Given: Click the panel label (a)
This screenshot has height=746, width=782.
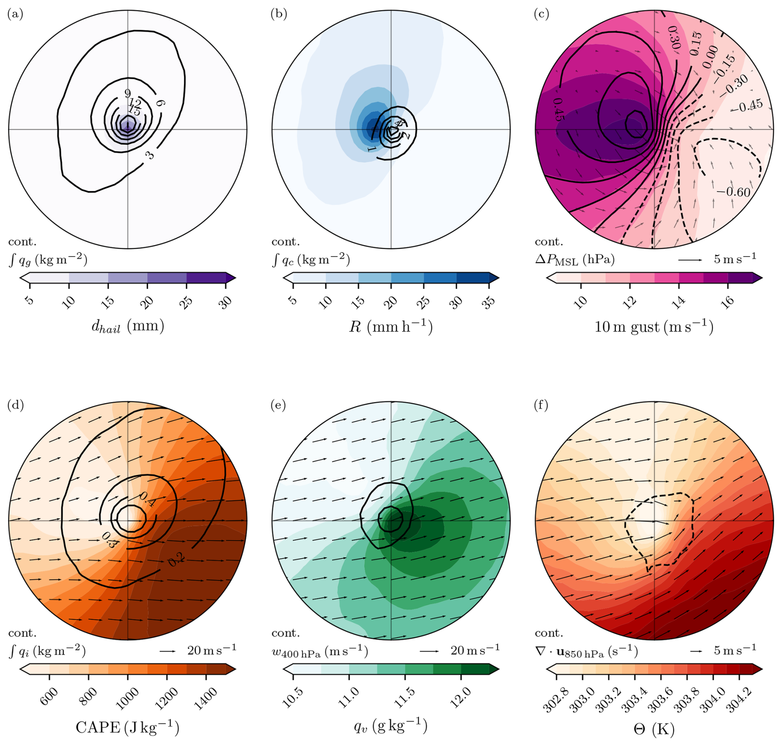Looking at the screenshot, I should click(x=15, y=14).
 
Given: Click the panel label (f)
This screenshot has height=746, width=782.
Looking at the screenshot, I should click(x=541, y=405).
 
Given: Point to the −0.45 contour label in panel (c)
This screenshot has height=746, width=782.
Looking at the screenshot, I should click(x=746, y=106).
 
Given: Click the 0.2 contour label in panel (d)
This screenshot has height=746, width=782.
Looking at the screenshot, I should click(x=176, y=560).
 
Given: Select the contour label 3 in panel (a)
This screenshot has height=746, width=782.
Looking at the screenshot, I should click(x=150, y=155).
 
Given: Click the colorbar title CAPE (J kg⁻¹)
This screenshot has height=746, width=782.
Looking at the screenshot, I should click(x=127, y=727).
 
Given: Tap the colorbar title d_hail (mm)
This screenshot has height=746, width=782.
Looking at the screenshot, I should click(x=127, y=326).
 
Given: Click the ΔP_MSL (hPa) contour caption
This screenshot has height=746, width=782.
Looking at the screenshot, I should click(x=575, y=259).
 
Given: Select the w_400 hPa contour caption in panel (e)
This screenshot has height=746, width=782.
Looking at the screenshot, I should click(x=319, y=651).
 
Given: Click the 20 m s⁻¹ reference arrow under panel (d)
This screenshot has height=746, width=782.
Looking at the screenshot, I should click(x=168, y=651).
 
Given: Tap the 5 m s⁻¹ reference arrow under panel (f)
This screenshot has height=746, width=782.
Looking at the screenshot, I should click(x=696, y=651).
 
